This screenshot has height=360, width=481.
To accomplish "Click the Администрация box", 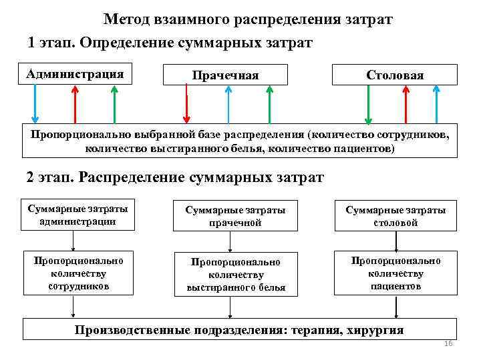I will tap(75, 74).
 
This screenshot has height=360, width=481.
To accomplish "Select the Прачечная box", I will tap(225, 75).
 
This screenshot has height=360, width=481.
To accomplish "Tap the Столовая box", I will tap(395, 75).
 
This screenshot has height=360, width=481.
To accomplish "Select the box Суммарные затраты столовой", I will tap(395, 216).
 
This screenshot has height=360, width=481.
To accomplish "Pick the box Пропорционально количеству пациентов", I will tap(395, 273).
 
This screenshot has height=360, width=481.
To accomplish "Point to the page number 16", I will tap(448, 344).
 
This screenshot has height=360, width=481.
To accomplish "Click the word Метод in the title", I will tap(126, 19).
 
